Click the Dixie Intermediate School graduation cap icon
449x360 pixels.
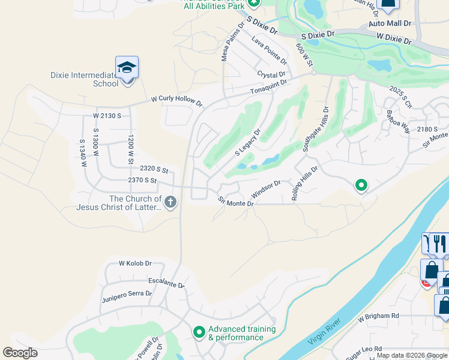click(127, 68)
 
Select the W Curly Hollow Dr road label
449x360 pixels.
click(176, 100)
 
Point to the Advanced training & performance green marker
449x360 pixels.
click(199, 331)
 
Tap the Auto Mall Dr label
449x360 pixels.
click(390, 24)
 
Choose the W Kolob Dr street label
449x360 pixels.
click(136, 263)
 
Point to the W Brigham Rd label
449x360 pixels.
click(378, 316)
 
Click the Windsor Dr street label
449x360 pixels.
click(266, 190)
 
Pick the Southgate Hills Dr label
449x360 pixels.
click(316, 128)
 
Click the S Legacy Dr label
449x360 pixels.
click(248, 142)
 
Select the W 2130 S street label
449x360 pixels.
click(107, 115)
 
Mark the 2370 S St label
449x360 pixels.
click(142, 180)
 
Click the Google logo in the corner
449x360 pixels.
click(20, 353)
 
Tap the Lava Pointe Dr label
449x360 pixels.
click(269, 50)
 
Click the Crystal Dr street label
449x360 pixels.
click(271, 75)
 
